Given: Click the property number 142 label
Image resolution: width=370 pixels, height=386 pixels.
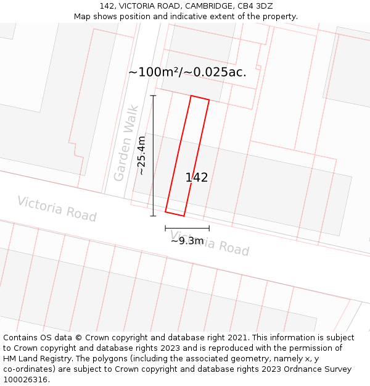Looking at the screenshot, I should pos(197,178).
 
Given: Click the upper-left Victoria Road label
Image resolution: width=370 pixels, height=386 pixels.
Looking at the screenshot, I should pos(57,209).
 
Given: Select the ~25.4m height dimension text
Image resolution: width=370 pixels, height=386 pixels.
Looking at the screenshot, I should pos(142,155).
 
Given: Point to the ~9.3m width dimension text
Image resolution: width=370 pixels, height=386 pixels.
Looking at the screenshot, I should pos(187,241).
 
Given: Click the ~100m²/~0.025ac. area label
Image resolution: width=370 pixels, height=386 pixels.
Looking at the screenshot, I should pos(187,72).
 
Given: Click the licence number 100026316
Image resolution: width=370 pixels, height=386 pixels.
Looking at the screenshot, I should pos(27,380).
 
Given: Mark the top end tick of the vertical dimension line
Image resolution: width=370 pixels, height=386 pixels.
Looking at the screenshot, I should pos(153,96).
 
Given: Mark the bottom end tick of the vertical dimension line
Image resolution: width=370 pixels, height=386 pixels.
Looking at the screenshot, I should pos(153,216).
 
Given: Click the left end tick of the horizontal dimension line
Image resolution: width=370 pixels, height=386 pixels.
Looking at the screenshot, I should pos(165,229).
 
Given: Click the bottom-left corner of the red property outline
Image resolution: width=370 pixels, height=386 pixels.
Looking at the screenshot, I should pos(165,212).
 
